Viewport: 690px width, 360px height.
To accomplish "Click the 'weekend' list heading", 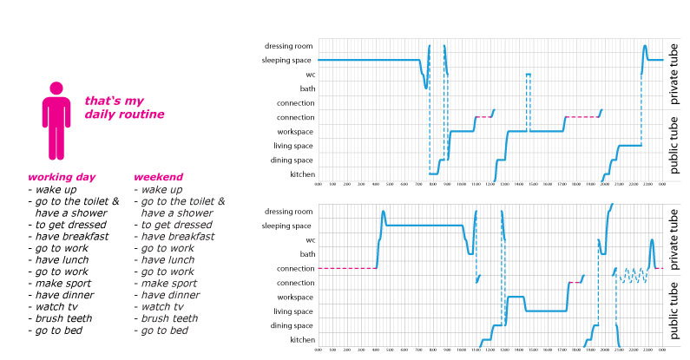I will pyautogui.click(x=158, y=177).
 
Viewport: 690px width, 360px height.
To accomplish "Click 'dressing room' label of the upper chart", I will pyautogui.click(x=289, y=46).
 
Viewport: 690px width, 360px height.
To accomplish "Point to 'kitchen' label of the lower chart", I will pyautogui.click(x=301, y=340).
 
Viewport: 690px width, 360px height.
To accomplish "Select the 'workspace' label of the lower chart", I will pyautogui.click(x=294, y=297).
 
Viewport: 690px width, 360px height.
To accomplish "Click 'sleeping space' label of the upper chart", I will pyautogui.click(x=287, y=60).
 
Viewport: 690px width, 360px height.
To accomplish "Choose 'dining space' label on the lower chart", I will pyautogui.click(x=292, y=325).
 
